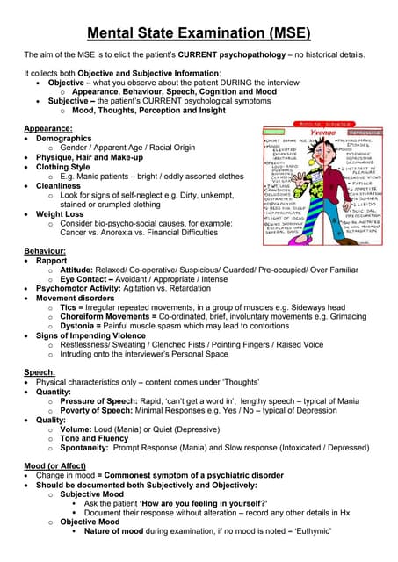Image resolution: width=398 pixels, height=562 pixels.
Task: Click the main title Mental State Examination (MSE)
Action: [x=199, y=34]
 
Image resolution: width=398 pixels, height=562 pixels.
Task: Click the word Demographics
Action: [x=63, y=139]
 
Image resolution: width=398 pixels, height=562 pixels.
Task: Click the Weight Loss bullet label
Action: [x=61, y=213]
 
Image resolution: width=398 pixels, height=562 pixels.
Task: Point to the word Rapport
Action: [x=51, y=261]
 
